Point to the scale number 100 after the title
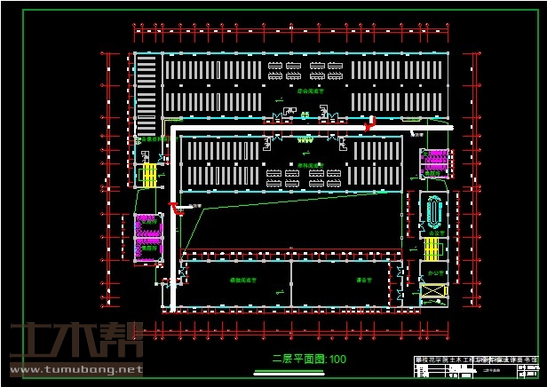point(337,359)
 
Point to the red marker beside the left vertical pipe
point(174,209)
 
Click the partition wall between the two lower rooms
point(291,283)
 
